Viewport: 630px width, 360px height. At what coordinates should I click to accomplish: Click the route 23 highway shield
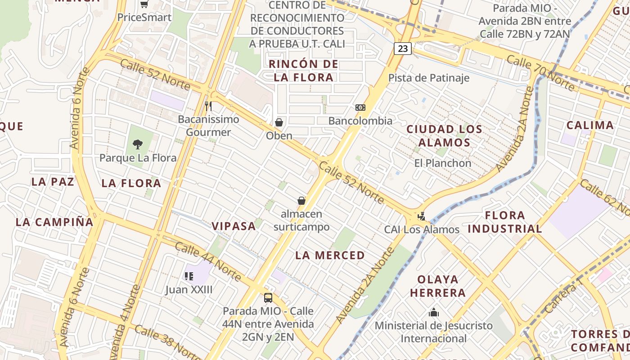click(403, 48)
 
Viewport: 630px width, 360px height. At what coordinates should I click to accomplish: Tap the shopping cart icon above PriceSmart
click(144, 4)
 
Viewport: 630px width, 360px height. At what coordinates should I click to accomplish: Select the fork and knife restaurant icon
click(208, 106)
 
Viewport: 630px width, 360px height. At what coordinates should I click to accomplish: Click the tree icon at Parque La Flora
click(138, 144)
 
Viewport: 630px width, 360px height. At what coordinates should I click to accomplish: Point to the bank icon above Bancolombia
click(360, 108)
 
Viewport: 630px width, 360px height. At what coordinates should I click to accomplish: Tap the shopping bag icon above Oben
click(279, 122)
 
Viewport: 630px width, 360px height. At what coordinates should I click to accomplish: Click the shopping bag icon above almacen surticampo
click(301, 201)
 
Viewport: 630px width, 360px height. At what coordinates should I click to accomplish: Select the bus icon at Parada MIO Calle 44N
click(268, 298)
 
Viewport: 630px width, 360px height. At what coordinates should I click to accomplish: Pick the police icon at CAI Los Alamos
click(422, 216)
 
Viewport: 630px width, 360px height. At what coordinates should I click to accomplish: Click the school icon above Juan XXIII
click(189, 276)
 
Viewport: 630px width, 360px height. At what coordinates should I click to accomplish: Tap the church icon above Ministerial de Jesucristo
click(434, 312)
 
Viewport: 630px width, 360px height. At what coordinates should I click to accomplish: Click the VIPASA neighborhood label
click(234, 226)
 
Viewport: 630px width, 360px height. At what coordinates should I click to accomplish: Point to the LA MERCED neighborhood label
click(330, 255)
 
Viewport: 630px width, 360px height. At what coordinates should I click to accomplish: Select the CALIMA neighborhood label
click(590, 125)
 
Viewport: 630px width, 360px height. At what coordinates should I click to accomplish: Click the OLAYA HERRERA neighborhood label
click(437, 286)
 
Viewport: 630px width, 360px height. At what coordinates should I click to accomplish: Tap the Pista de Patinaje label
click(429, 78)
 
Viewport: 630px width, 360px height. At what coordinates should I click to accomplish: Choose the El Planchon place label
click(443, 163)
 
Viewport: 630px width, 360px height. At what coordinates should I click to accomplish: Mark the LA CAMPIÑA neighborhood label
click(54, 222)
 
